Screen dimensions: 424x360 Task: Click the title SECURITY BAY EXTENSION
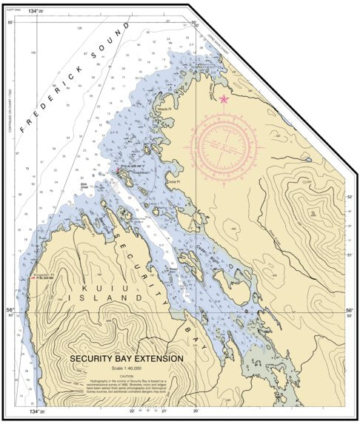(x=126, y=358)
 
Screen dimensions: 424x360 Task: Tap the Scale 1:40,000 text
(x=126, y=368)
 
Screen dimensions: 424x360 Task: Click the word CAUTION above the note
(x=126, y=375)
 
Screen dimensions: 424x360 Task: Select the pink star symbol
(x=224, y=99)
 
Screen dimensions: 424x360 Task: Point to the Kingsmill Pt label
(x=39, y=273)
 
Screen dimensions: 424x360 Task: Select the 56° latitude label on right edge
(x=350, y=311)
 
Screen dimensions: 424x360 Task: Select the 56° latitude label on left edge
(x=10, y=311)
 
